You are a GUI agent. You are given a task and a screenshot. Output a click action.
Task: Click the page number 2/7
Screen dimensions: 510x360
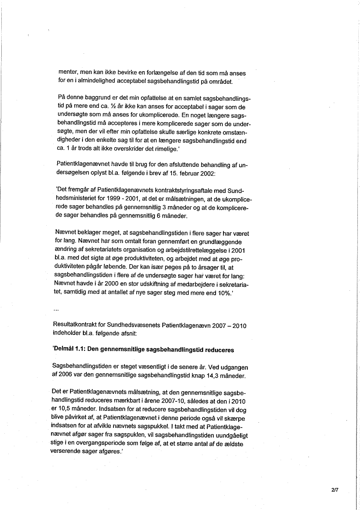335,490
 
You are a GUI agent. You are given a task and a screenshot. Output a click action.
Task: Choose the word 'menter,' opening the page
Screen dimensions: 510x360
69,73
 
